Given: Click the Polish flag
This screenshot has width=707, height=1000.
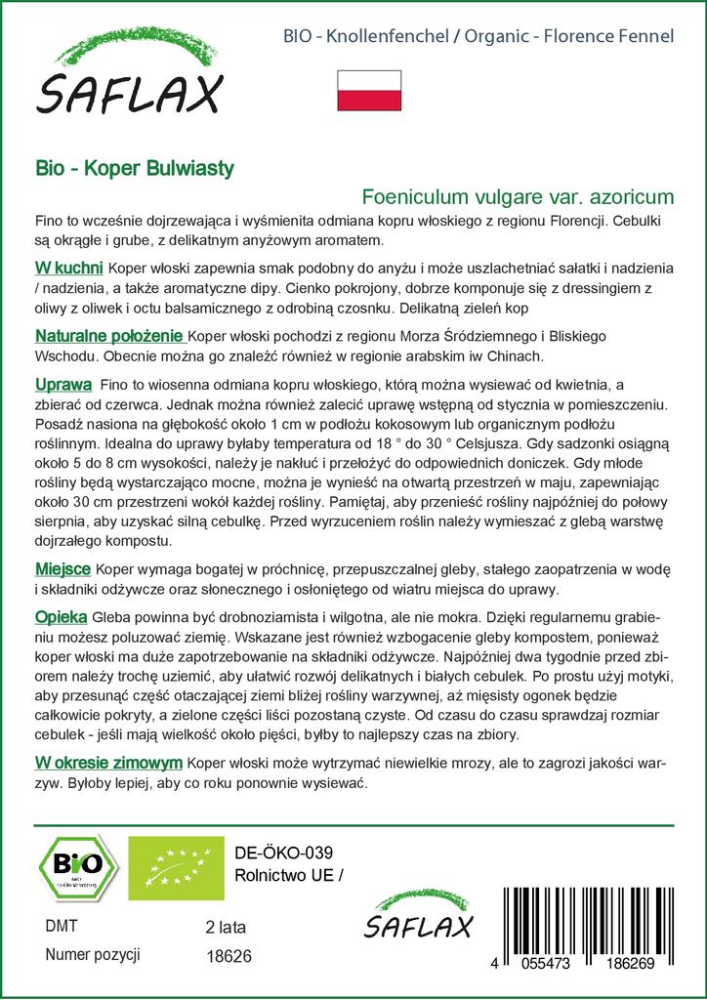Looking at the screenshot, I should coord(369,90).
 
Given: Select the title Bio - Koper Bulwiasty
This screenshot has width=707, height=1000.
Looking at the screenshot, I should coord(133,168).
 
